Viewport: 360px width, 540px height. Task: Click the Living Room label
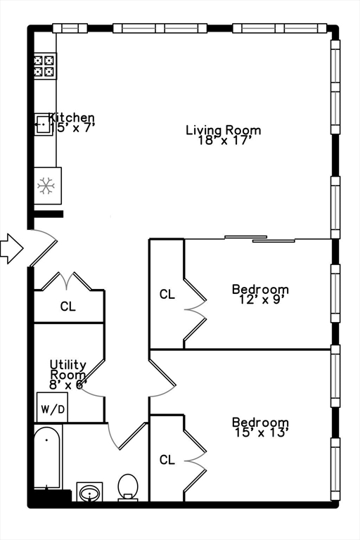pyautogui.click(x=223, y=130)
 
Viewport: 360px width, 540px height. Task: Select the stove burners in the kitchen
pyautogui.click(x=45, y=65)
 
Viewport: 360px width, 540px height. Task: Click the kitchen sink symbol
pyautogui.click(x=44, y=124)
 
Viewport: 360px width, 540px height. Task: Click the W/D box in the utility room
pyautogui.click(x=51, y=408)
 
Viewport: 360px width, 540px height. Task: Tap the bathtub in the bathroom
pyautogui.click(x=47, y=456)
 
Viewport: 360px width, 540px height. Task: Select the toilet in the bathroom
pyautogui.click(x=128, y=487)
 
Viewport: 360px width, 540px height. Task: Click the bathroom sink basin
pyautogui.click(x=89, y=492)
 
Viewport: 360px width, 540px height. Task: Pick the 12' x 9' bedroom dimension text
pyautogui.click(x=260, y=300)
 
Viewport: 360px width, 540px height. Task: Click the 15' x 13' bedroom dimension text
pyautogui.click(x=260, y=432)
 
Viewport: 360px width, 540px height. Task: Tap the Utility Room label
pyautogui.click(x=68, y=369)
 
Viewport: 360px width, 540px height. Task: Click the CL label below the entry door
pyautogui.click(x=67, y=307)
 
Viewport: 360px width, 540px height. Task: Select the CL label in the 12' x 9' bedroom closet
pyautogui.click(x=167, y=295)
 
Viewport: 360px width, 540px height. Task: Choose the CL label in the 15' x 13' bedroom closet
pyautogui.click(x=167, y=460)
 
